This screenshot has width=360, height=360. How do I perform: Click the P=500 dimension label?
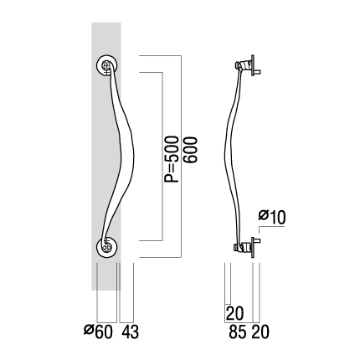[x=171, y=159]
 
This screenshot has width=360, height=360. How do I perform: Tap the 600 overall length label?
[x=191, y=150]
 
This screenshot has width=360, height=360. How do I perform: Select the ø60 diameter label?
[x=99, y=332]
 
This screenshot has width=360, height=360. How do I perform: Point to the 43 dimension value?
[x=130, y=332]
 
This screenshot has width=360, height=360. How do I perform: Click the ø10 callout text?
[x=272, y=217]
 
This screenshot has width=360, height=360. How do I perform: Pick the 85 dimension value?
[x=238, y=332]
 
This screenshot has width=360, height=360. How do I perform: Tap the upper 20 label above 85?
[x=234, y=313]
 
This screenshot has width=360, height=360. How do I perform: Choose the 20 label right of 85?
[x=260, y=332]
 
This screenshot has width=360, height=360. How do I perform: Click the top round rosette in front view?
[x=107, y=66]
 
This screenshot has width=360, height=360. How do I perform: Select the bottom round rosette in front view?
[x=107, y=247]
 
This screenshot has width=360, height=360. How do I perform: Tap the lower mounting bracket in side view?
[x=243, y=247]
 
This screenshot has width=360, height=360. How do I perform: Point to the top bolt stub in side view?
[x=258, y=72]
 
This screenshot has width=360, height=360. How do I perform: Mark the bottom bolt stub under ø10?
[x=258, y=240]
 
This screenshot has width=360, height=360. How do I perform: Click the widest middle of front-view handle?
[x=128, y=157]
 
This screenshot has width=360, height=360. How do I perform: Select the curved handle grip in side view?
[x=232, y=157]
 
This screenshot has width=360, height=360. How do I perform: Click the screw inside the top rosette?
[x=106, y=66]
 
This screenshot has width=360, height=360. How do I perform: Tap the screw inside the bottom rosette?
[x=106, y=247]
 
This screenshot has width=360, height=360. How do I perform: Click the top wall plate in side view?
[x=253, y=65]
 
